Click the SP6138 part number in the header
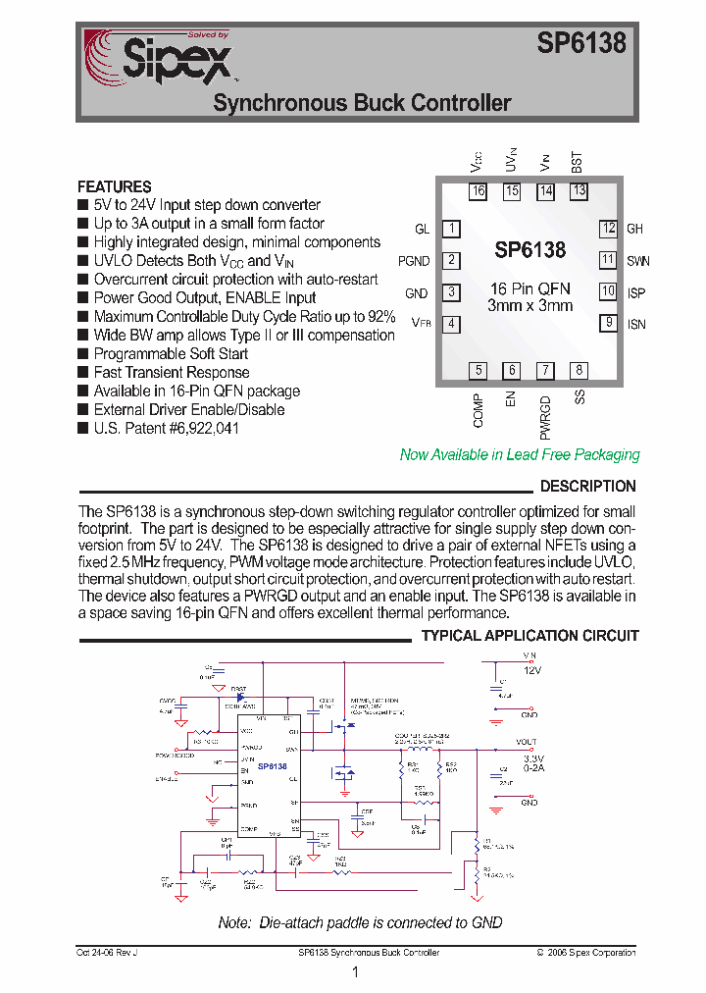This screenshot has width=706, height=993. point(580,43)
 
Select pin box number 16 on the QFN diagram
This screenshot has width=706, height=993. point(478,191)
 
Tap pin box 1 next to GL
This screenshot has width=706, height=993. point(451,229)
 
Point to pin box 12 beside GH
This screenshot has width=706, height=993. point(609,229)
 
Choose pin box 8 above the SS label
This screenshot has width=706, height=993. point(580,370)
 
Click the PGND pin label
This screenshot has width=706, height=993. point(414,261)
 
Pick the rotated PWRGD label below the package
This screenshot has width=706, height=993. point(545,416)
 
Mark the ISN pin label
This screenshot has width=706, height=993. point(636,324)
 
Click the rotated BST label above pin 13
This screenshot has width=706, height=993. point(577,163)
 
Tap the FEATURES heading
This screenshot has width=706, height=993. point(114,186)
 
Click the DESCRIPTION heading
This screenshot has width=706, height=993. point(587,486)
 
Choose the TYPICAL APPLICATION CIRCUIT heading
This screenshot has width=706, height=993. point(529,636)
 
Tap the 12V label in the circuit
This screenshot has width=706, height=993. point(531,669)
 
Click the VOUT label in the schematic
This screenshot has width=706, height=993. point(526,742)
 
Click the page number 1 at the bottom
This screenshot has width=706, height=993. point(355,972)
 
